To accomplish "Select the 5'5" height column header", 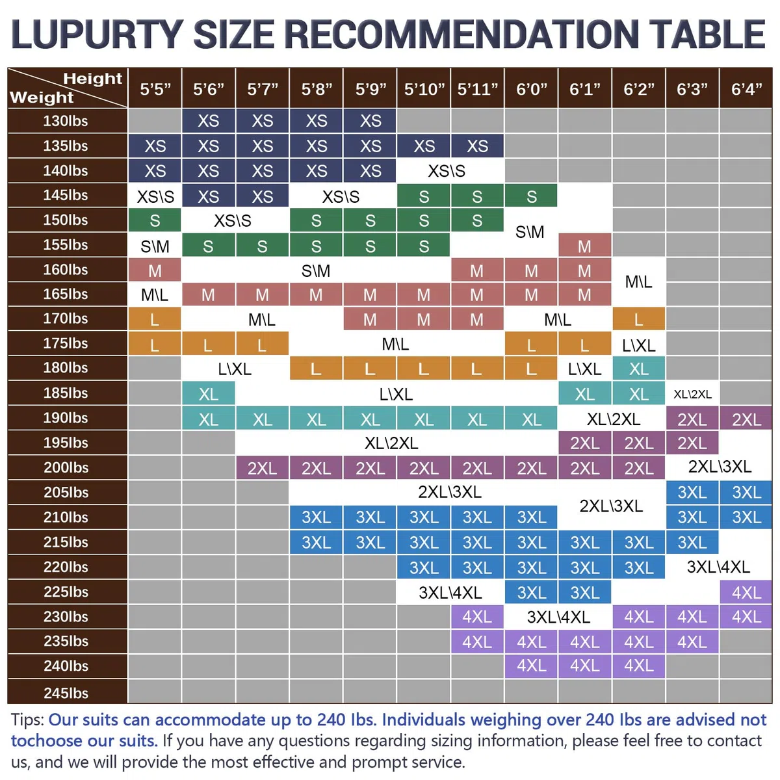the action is pyautogui.click(x=155, y=88).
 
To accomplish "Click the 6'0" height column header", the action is pyautogui.click(x=531, y=88).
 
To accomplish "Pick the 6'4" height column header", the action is pyautogui.click(x=746, y=88).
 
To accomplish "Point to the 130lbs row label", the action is pyautogui.click(x=66, y=121).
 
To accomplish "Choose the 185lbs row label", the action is pyautogui.click(x=66, y=393).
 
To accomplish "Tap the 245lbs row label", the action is pyautogui.click(x=66, y=692).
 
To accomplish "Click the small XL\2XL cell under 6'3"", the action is pyautogui.click(x=692, y=394).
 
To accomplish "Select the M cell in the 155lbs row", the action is pyautogui.click(x=584, y=246).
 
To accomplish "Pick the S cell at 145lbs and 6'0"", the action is pyautogui.click(x=531, y=196).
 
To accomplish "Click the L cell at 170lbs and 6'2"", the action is pyautogui.click(x=638, y=320).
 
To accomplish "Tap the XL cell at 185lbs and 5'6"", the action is pyautogui.click(x=208, y=394).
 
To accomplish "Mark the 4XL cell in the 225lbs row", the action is pyautogui.click(x=746, y=592).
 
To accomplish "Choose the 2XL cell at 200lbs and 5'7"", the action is pyautogui.click(x=263, y=468).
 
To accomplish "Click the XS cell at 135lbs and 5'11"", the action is pyautogui.click(x=477, y=146).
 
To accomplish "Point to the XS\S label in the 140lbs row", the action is pyautogui.click(x=447, y=171).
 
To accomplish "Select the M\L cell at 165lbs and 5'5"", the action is pyautogui.click(x=155, y=295).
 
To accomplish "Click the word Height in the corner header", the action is pyautogui.click(x=93, y=79).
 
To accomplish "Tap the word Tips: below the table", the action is pyautogui.click(x=27, y=720).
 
